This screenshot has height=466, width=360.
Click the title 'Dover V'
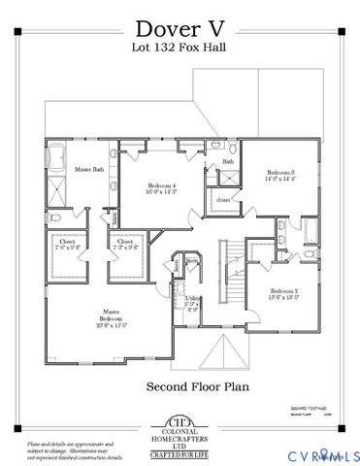(x=180, y=27)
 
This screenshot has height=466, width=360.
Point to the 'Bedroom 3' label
(x=281, y=175)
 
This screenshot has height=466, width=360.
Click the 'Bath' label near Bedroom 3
(x=229, y=162)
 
